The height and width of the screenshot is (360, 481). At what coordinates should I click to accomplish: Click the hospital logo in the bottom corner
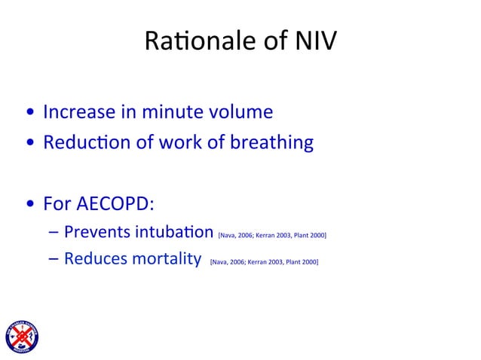pos(21,336)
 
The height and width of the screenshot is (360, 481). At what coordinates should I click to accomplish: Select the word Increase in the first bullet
pos(80,112)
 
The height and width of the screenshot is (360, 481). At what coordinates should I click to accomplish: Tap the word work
pos(181,142)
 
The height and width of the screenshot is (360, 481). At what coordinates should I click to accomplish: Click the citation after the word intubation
pos(271,235)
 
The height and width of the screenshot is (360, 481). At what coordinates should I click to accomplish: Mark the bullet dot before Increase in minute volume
pos(29,114)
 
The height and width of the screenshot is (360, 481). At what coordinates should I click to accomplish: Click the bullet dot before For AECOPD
pos(29,205)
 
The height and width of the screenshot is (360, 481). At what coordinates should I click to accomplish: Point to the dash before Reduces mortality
pos(52,261)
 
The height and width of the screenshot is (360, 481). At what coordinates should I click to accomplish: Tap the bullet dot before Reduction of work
pos(29,144)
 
